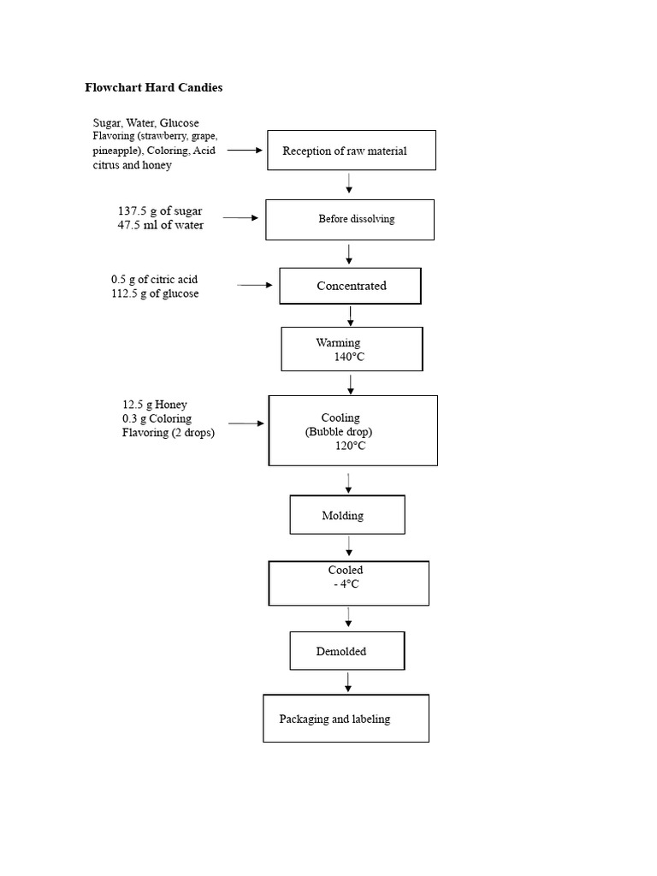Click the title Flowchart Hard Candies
coord(153,87)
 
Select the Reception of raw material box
coord(352,151)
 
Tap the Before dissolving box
coord(350,219)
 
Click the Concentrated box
coord(351,286)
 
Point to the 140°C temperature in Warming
coord(349,357)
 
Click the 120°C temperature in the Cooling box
coord(350,446)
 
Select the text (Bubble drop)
coord(339,432)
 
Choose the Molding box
coord(346,515)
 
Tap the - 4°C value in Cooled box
coord(346,584)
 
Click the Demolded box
coord(346,651)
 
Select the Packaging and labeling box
coord(346,719)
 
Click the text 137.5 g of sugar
coord(160,210)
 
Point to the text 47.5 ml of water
coord(160,224)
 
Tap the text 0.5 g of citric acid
coord(154,279)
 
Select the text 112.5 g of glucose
coord(155,293)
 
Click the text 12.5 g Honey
coord(154,405)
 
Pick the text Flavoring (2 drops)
coord(168,433)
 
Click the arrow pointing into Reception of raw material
coord(245,150)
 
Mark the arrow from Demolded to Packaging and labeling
coord(348,682)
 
